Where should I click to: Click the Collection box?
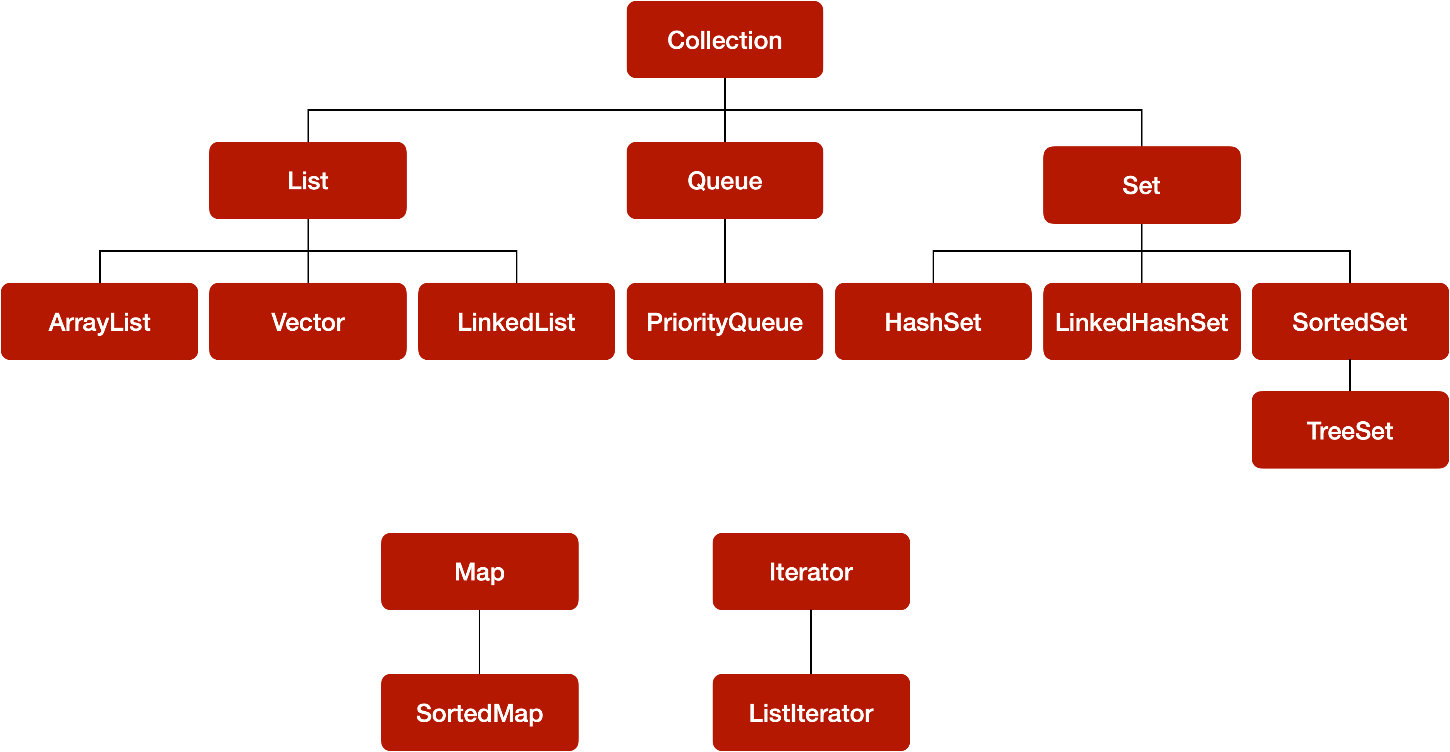point(725,39)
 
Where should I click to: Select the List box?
point(308,180)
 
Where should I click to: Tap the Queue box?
point(725,180)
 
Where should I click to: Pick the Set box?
point(1142,185)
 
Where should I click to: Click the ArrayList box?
point(100,321)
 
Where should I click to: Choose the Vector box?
point(308,321)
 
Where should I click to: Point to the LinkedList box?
point(516,321)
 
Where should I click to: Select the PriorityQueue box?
point(725,321)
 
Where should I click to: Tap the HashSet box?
point(933,321)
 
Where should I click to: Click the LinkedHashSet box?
point(1142,321)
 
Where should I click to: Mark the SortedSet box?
point(1350,321)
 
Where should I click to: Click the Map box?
point(479,571)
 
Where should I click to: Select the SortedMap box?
point(479,712)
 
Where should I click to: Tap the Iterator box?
point(811,571)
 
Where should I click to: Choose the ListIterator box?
point(811,712)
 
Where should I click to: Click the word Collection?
point(725,41)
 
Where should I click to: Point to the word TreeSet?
point(1350,431)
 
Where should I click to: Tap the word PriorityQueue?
point(725,323)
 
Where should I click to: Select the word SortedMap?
point(479,714)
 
